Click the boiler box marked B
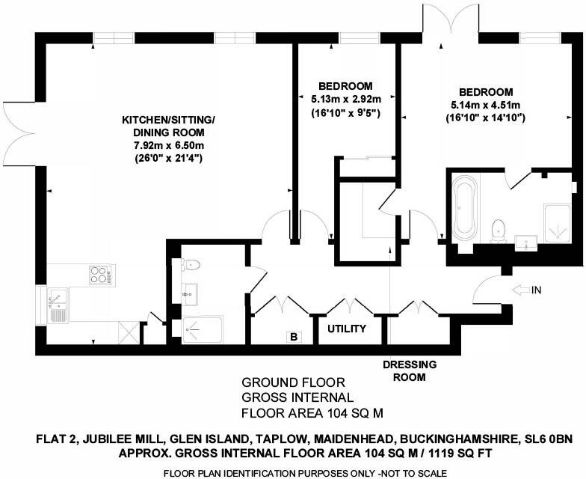(x=294, y=338)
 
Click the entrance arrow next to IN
(x=521, y=289)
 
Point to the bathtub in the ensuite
(x=463, y=206)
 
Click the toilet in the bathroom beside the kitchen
(x=190, y=264)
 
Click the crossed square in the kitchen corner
(x=129, y=330)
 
